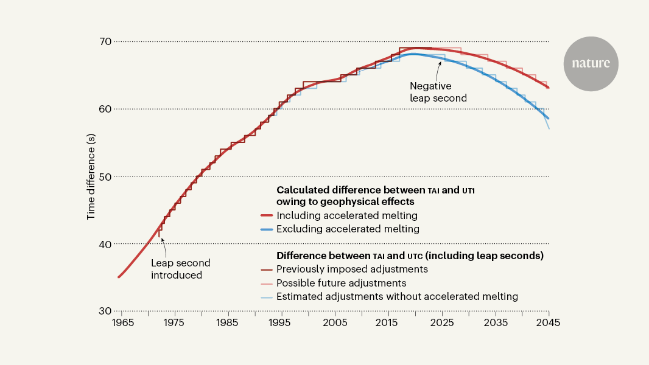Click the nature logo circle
591,64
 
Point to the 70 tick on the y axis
103,41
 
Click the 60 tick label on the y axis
103,109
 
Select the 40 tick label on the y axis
103,244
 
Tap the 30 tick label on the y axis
103,311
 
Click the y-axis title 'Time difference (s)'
91,176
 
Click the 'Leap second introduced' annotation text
181,269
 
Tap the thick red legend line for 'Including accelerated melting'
265,215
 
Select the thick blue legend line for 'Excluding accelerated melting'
265,229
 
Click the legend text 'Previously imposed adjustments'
352,269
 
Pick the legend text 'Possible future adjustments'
341,283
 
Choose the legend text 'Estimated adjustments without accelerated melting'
397,297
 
